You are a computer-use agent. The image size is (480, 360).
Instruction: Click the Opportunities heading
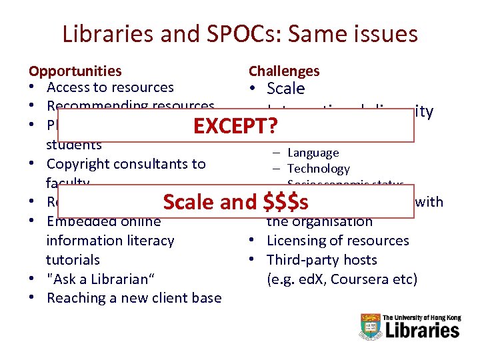pyautogui.click(x=75, y=71)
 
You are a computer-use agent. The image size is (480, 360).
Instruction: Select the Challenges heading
pyautogui.click(x=283, y=71)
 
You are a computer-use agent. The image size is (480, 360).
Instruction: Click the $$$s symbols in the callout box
pyautogui.click(x=286, y=202)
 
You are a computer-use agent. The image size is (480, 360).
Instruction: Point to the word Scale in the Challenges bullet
pyautogui.click(x=285, y=89)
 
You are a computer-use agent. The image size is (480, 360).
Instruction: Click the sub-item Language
pyautogui.click(x=313, y=153)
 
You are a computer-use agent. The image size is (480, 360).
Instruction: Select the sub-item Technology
pyautogui.click(x=318, y=169)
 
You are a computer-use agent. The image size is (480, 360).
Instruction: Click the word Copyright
pyautogui.click(x=79, y=164)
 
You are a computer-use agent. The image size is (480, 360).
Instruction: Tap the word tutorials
pyautogui.click(x=73, y=260)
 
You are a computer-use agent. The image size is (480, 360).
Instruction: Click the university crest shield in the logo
pyautogui.click(x=370, y=326)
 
